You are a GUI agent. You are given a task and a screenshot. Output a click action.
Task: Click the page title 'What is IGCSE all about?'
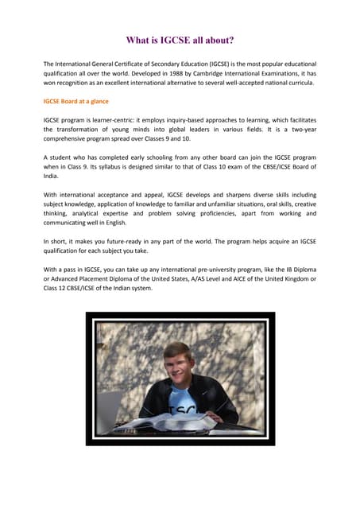coord(180,41)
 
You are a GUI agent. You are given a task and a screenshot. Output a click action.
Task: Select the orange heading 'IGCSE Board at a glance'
coord(76,102)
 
